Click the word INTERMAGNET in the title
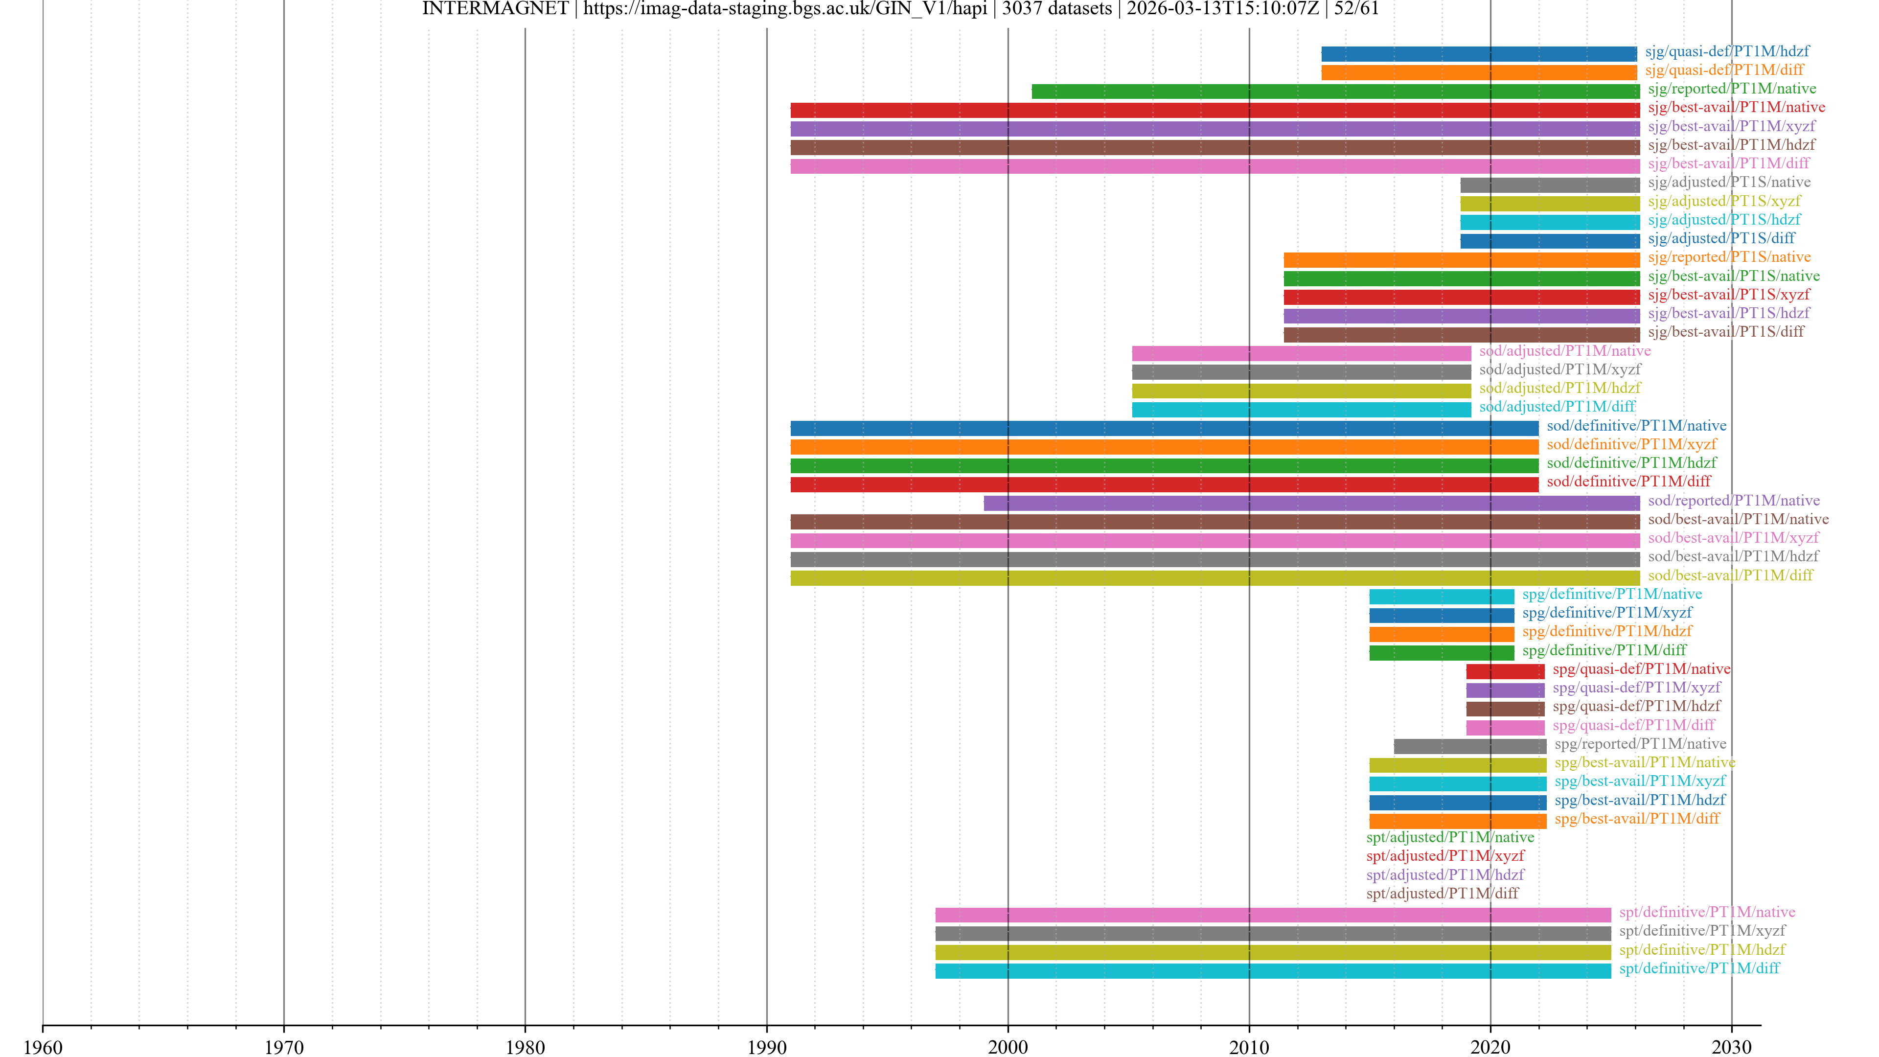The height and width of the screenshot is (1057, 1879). pos(495,9)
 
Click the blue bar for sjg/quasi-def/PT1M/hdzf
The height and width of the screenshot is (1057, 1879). pos(1479,54)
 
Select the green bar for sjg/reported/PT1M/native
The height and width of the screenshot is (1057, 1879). pos(1335,91)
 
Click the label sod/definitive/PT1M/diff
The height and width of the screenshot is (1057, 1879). pos(1628,482)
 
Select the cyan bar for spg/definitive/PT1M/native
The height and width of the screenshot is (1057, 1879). pos(1442,597)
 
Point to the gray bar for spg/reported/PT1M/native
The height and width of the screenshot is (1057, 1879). pos(1470,746)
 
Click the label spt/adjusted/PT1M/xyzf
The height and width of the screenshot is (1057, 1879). pos(1445,856)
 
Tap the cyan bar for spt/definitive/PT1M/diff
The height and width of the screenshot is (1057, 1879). pos(1273,971)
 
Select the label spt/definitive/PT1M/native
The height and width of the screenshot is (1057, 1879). pos(1707,912)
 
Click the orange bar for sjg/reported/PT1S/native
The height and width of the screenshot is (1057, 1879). pos(1461,260)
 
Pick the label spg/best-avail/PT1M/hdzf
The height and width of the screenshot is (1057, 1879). pos(1640,800)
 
